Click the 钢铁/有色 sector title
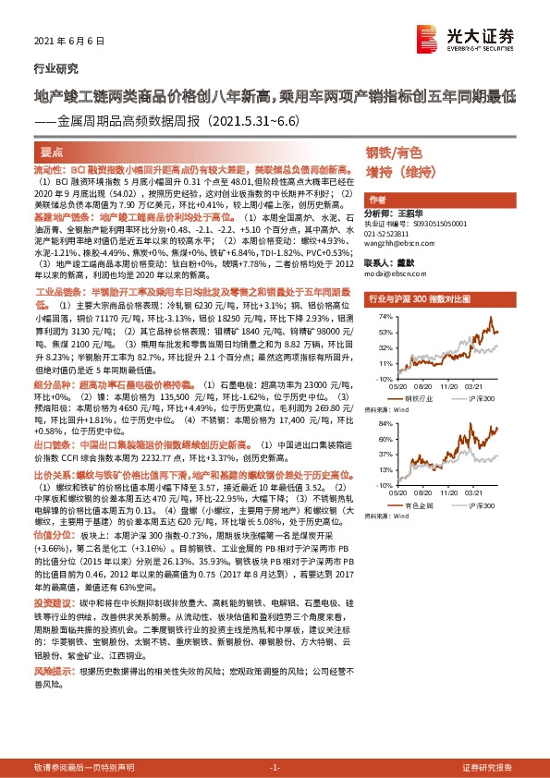point(393,152)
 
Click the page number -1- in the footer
point(275,767)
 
